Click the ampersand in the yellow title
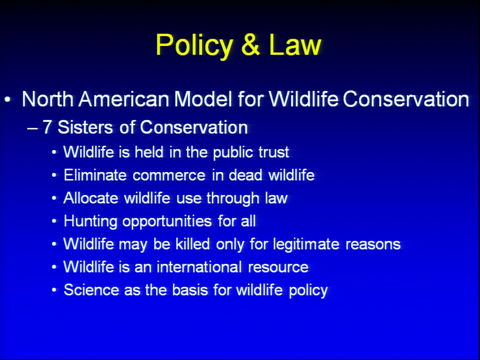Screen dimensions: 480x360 [x=250, y=44]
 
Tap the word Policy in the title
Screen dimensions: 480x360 [x=194, y=46]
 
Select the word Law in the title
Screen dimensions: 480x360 [x=295, y=44]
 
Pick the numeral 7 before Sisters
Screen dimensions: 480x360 [x=47, y=127]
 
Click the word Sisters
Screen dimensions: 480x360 [x=85, y=127]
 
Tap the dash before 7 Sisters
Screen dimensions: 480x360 [x=32, y=128]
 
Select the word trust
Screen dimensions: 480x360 [x=273, y=152]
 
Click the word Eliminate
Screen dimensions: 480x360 [x=95, y=175]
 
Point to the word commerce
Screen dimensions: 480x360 [x=169, y=175]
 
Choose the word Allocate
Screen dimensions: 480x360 [x=91, y=198]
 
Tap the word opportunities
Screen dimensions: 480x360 [x=167, y=221]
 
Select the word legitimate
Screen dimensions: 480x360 [x=306, y=244]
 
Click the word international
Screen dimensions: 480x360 [x=199, y=267]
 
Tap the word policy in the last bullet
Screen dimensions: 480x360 [x=308, y=290]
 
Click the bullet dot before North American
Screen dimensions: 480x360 [x=7, y=99]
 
